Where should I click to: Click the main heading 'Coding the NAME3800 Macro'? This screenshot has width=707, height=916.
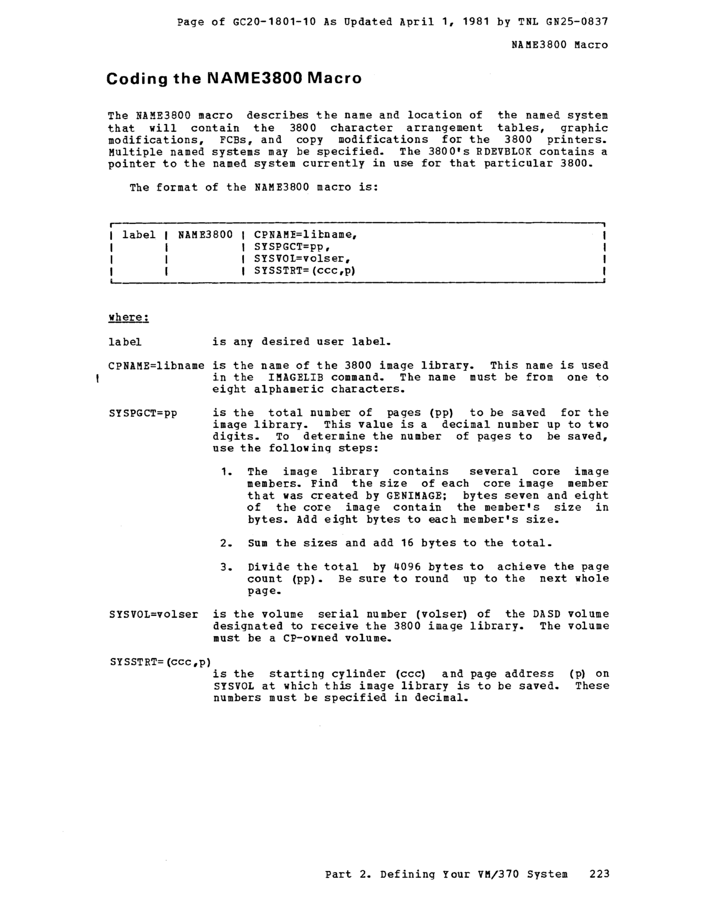[234, 79]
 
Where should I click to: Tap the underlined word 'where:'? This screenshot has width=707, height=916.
[129, 317]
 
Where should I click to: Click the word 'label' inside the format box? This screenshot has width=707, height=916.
[139, 234]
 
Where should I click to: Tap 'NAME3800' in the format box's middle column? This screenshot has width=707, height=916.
[205, 234]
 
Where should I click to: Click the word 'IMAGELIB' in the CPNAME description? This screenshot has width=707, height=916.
[296, 377]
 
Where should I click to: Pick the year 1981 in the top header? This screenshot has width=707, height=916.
[476, 21]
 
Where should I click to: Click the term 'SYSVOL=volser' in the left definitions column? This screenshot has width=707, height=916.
[153, 615]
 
